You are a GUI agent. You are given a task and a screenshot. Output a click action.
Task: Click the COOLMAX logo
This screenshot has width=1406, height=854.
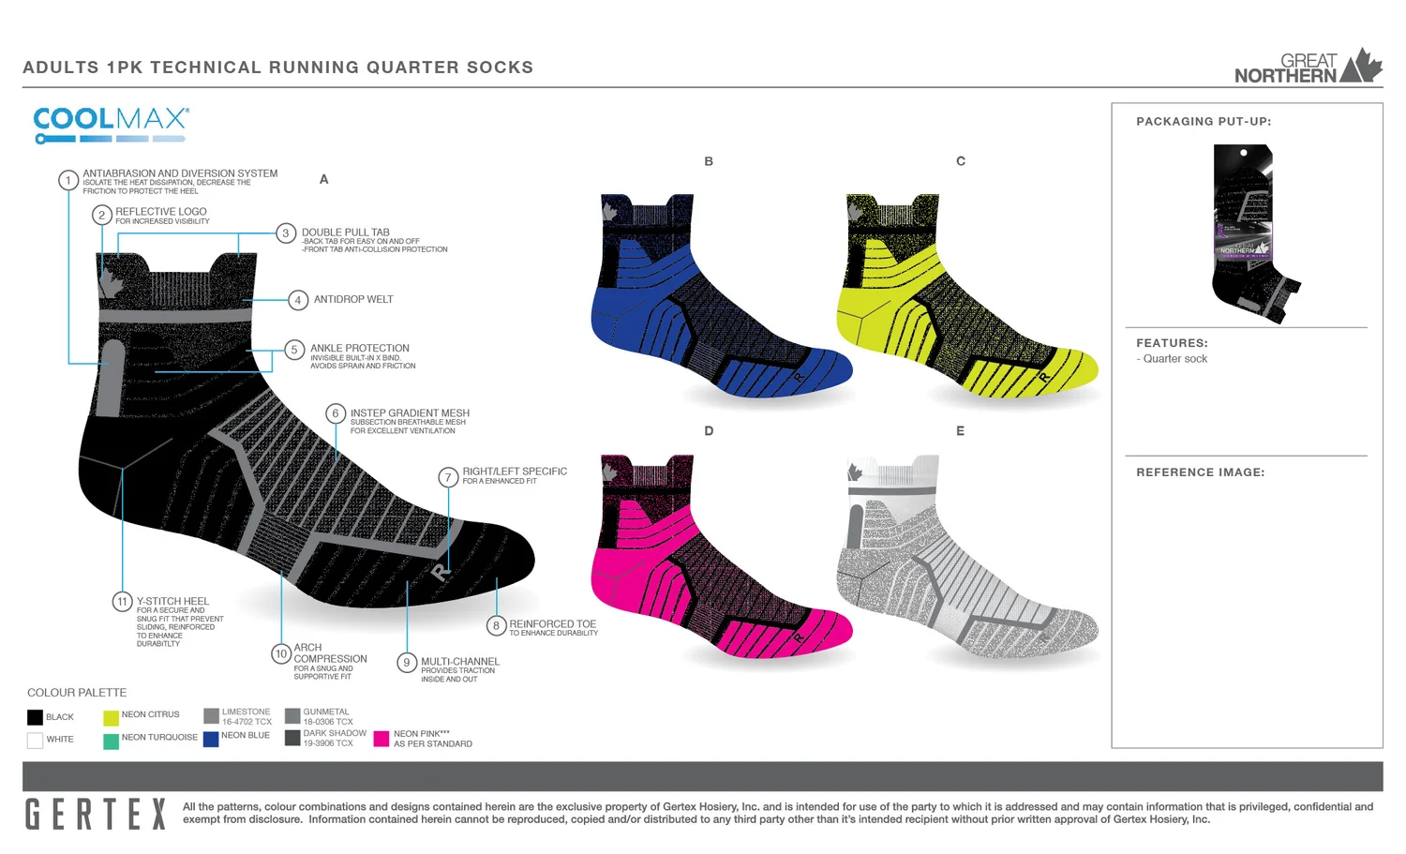pyautogui.click(x=111, y=124)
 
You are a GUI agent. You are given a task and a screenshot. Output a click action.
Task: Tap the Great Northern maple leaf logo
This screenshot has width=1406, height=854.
pyautogui.click(x=1361, y=66)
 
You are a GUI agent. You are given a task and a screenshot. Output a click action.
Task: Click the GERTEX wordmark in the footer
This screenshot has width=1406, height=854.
pyautogui.click(x=95, y=814)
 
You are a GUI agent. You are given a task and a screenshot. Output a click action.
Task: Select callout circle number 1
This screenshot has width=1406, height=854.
pyautogui.click(x=68, y=180)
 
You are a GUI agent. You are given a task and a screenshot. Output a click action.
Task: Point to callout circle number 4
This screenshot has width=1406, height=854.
pyautogui.click(x=298, y=300)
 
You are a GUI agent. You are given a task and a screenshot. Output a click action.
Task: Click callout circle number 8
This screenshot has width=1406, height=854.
pyautogui.click(x=496, y=626)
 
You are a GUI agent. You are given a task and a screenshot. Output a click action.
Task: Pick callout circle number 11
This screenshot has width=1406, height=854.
pyautogui.click(x=122, y=602)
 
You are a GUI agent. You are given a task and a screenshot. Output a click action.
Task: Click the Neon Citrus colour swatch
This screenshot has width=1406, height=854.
pyautogui.click(x=111, y=718)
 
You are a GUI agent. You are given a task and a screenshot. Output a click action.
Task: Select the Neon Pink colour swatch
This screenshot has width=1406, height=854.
pyautogui.click(x=381, y=739)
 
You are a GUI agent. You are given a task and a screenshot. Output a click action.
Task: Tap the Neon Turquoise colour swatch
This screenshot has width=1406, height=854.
pyautogui.click(x=111, y=742)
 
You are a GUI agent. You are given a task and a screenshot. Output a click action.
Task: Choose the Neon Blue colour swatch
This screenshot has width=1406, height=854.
pyautogui.click(x=211, y=739)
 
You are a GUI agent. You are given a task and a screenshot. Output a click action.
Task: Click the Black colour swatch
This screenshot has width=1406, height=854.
pyautogui.click(x=36, y=718)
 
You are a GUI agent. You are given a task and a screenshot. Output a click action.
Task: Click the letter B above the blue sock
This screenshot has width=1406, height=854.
pyautogui.click(x=709, y=161)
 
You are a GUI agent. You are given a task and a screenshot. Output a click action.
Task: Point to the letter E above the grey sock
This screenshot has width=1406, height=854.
pyautogui.click(x=960, y=431)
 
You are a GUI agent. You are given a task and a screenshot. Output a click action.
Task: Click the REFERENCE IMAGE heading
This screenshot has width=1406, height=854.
pyautogui.click(x=1200, y=472)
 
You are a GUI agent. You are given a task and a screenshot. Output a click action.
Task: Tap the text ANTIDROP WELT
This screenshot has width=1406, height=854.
pyautogui.click(x=353, y=300)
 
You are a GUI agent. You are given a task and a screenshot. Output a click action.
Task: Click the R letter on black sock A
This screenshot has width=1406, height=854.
pyautogui.click(x=441, y=571)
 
